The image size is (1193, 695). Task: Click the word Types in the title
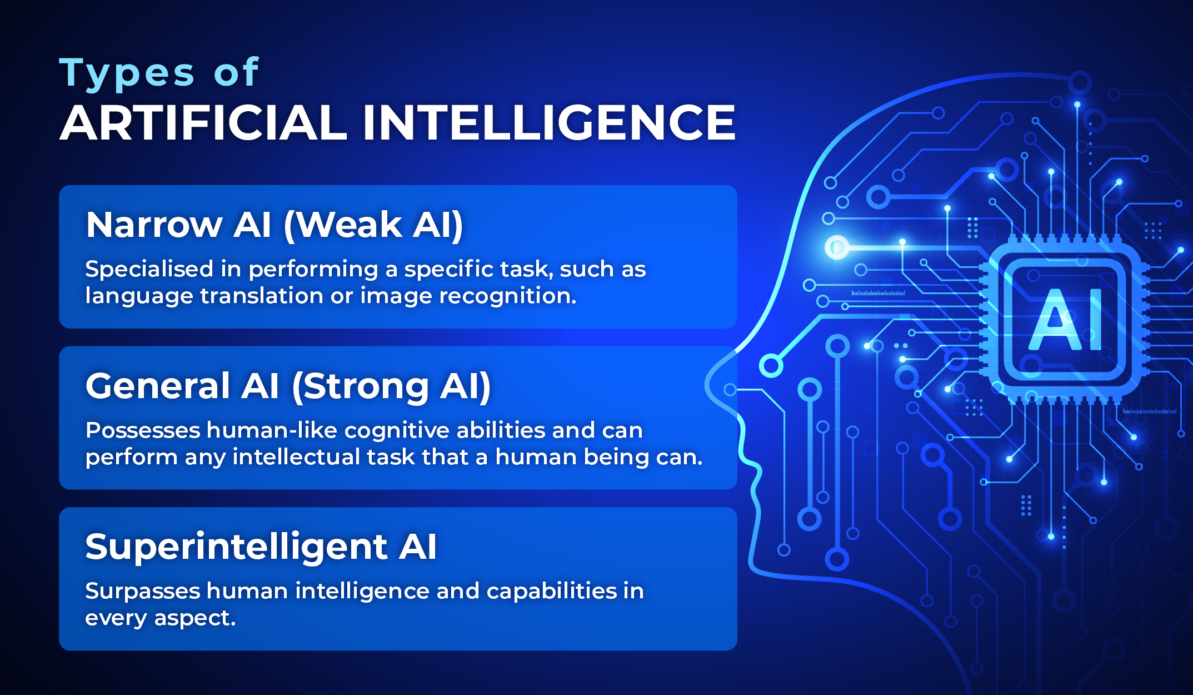[x=127, y=74]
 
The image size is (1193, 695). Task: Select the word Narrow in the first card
[x=154, y=225]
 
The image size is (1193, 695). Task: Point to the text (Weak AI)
[x=373, y=226]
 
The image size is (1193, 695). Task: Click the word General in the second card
[x=158, y=386]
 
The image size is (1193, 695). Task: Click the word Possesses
[x=143, y=430]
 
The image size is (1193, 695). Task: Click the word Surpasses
[x=143, y=592]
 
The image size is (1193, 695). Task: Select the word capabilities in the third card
[x=552, y=592]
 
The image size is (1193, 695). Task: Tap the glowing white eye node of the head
[x=837, y=247]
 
